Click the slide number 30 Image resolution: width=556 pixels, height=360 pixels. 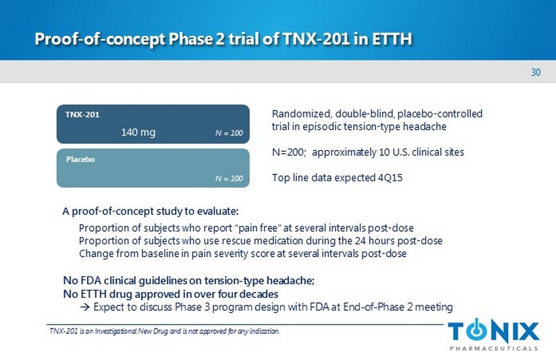tap(536, 73)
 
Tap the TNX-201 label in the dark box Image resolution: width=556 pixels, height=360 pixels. tap(82, 115)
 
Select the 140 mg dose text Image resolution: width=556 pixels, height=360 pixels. tap(138, 132)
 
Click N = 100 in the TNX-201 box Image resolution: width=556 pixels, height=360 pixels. tap(229, 133)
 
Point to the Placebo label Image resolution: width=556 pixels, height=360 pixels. tap(80, 159)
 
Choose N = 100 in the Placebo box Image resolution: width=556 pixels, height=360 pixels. tap(229, 179)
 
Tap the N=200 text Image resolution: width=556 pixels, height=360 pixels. tap(289, 152)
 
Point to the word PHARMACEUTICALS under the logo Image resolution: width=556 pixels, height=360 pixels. tap(494, 348)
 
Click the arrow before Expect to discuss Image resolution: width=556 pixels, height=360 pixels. tap(85, 307)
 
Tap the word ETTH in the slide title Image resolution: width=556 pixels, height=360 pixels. tap(392, 39)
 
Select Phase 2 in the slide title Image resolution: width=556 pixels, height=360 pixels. tap(197, 39)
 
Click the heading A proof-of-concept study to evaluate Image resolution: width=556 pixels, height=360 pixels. tap(150, 211)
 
